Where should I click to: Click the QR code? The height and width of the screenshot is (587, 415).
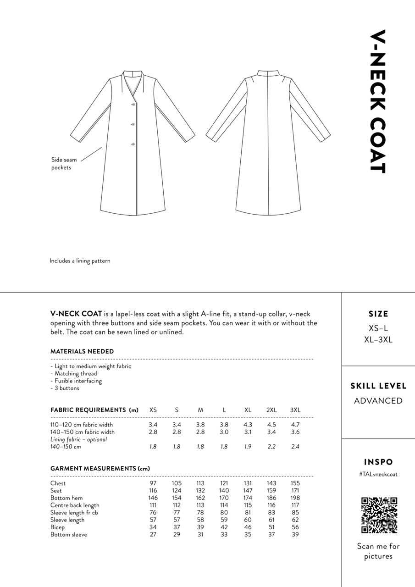coord(379,515)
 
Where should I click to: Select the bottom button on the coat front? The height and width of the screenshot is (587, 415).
coord(133,144)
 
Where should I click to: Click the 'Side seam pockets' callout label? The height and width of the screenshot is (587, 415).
coord(64,164)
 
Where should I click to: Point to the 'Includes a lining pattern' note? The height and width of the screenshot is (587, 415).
coord(80,261)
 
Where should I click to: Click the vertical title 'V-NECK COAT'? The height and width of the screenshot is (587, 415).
coord(378,102)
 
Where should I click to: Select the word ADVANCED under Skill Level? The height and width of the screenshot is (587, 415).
coord(378,401)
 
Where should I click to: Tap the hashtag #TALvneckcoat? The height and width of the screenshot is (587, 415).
coord(378,475)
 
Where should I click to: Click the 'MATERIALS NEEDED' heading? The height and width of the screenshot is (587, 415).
coord(82,351)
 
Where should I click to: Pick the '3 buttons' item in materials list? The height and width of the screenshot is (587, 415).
coord(66,388)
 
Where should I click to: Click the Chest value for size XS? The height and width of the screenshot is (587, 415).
coord(153,483)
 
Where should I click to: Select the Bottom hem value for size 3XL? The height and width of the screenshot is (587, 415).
coord(295,498)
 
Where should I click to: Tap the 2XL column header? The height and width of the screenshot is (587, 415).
coord(271,410)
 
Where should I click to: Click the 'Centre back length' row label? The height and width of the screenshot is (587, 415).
coord(75,505)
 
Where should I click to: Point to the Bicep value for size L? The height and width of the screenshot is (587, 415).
coord(224,527)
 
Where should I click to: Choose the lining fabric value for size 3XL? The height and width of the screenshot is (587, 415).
coord(295,447)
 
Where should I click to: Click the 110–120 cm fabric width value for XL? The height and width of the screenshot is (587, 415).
coord(248,425)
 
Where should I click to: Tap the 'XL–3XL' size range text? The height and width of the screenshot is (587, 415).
coord(378,340)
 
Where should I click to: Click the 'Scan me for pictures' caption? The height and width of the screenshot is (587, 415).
coord(378,551)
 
